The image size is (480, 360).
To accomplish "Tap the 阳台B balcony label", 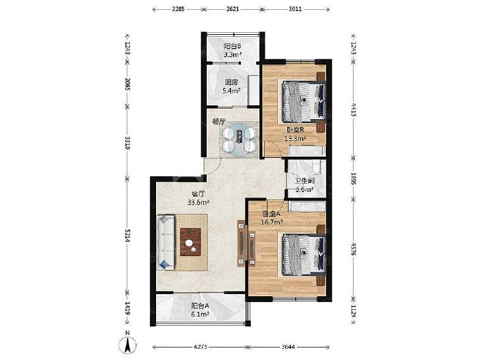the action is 232,47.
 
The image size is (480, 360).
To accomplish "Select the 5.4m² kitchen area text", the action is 231,91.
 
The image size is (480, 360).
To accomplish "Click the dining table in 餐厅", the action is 239,140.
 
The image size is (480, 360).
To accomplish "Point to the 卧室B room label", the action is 295,130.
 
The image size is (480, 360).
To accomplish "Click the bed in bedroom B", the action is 304,101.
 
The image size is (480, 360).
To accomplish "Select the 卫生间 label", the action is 304,181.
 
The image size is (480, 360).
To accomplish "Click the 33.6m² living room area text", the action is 198,202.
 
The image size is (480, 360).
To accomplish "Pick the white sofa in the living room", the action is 165,242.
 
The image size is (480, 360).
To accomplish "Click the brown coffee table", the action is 190,242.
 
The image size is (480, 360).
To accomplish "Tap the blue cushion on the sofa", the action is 165,265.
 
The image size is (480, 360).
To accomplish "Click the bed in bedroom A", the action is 304,255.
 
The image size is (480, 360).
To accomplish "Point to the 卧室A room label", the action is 271,214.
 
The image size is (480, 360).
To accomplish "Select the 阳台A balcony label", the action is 200,306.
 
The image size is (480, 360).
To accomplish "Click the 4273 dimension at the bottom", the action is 201,347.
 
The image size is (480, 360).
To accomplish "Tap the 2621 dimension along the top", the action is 232,9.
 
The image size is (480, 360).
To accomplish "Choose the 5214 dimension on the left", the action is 127,236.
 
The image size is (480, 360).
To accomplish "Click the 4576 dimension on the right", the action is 353,249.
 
